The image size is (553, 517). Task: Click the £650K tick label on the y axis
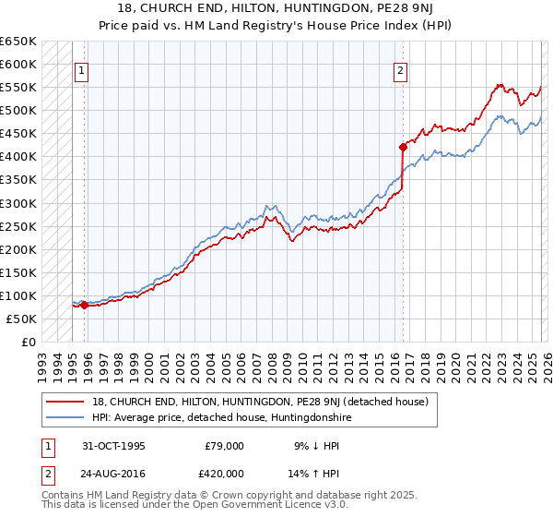[18, 42]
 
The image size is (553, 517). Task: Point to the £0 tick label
[28, 342]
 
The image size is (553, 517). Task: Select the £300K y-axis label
[18, 203]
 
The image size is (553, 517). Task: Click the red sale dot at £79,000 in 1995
[84, 305]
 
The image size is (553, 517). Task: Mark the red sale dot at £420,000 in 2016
[402, 147]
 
